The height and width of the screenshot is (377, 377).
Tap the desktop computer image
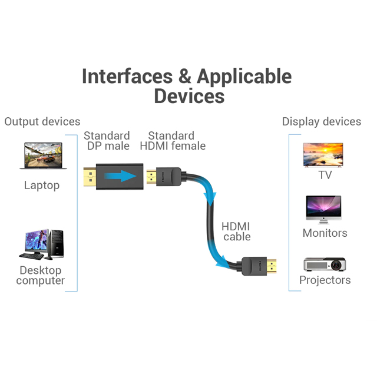(x=42, y=244)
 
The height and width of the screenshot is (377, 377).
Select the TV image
(x=322, y=154)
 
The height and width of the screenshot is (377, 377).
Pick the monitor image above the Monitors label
(x=323, y=209)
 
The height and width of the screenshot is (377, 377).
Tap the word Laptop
(x=42, y=186)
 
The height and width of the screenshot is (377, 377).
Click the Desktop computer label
(x=41, y=276)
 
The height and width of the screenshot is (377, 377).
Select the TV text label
(x=325, y=175)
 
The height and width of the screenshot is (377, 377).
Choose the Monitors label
(x=325, y=233)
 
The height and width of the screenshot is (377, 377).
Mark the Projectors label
(x=325, y=280)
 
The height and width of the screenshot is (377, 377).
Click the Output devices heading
(x=42, y=121)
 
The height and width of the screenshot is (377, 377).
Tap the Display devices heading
(x=321, y=121)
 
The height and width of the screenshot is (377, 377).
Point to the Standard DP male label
(x=107, y=141)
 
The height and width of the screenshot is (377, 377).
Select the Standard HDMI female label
(x=173, y=141)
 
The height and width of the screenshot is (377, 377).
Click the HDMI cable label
(x=236, y=232)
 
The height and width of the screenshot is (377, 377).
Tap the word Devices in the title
(x=189, y=96)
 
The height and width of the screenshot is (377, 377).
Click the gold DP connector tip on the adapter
(x=90, y=176)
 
